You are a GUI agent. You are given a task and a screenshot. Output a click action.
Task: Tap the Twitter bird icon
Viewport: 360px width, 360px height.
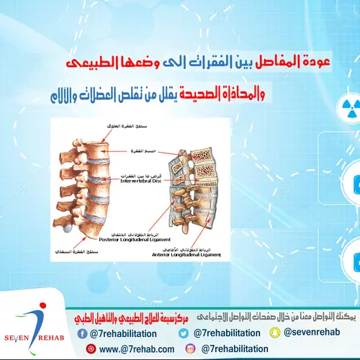(184, 333)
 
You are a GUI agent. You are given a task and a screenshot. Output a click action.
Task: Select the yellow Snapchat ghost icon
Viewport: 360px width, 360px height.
(274, 333)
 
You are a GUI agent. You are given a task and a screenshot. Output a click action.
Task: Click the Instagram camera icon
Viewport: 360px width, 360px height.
(191, 348)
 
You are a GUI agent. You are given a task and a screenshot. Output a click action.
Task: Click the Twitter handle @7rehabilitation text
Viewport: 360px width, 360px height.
(225, 333)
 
